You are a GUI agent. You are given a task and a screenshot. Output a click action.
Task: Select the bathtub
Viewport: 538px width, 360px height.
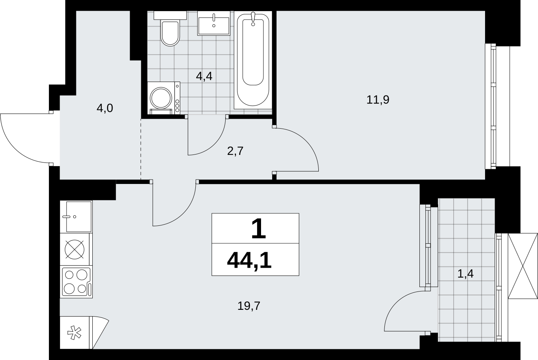tap(253, 60)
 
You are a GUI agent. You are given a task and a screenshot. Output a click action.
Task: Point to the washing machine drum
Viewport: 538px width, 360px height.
tap(161, 98)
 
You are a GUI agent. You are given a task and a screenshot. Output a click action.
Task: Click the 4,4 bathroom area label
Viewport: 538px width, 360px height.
tap(204, 76)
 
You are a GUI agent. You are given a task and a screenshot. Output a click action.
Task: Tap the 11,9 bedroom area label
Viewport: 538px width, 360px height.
tap(378, 100)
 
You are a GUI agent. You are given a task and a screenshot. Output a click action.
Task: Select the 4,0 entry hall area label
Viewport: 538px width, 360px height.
tap(105, 108)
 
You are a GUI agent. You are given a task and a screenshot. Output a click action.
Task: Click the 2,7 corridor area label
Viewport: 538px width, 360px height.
tap(236, 151)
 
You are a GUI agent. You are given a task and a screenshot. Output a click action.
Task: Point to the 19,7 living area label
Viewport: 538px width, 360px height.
tap(249, 306)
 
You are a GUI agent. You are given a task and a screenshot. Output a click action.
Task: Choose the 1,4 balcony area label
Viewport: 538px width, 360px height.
tap(466, 274)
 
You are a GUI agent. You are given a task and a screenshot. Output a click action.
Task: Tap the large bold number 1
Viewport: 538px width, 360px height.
tap(258, 229)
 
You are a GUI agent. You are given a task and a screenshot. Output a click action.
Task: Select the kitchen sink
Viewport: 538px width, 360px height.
tap(76, 217)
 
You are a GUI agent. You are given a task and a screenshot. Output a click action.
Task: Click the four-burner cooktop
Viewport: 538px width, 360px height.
tap(76, 282)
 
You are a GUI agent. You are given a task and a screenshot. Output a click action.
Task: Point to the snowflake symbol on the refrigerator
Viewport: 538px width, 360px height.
tap(74, 333)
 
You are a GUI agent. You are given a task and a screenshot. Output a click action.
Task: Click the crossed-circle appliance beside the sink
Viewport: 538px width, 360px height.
tap(74, 249)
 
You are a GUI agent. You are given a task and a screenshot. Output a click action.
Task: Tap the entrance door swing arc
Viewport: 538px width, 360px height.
tap(14, 149)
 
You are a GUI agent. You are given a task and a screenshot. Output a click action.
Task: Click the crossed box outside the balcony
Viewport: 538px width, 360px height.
tap(522, 266)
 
